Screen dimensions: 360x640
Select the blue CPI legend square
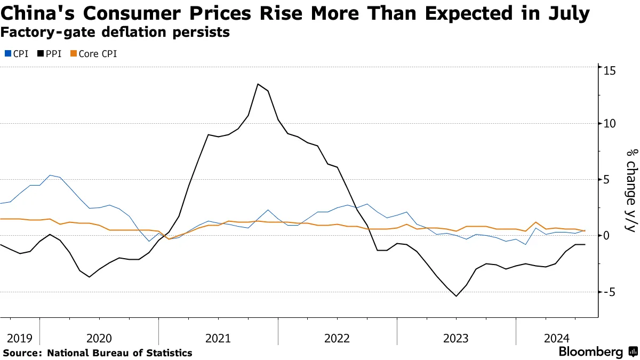tap(7, 54)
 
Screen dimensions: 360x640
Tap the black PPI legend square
tap(41, 54)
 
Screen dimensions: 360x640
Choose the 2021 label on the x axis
tap(218, 338)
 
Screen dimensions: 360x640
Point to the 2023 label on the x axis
tap(456, 338)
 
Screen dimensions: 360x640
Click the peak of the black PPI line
tap(258, 84)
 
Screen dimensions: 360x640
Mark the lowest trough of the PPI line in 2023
tap(457, 296)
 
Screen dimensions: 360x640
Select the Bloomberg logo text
tap(590, 352)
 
